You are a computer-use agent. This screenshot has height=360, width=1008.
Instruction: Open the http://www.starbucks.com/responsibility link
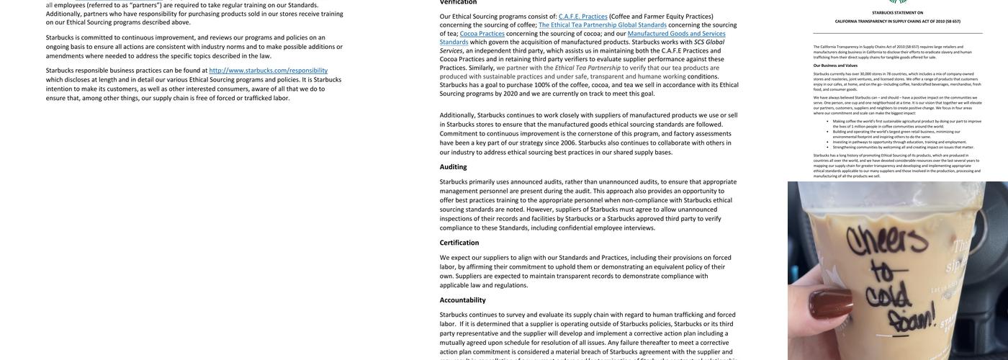(268, 71)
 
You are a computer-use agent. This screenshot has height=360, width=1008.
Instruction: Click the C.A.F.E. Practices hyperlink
(582, 16)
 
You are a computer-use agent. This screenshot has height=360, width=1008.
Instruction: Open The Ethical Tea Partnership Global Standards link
(602, 24)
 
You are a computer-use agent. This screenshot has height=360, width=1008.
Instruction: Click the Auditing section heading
(453, 167)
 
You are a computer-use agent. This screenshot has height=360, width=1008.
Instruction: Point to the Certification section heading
(459, 243)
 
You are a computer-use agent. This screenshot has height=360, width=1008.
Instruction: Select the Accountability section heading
(462, 300)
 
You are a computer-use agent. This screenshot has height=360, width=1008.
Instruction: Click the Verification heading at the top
(458, 2)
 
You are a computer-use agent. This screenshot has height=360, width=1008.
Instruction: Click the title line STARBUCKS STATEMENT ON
(897, 12)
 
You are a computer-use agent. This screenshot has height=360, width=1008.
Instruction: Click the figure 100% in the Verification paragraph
(543, 85)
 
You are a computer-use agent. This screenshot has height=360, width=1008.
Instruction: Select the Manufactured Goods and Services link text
(676, 33)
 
